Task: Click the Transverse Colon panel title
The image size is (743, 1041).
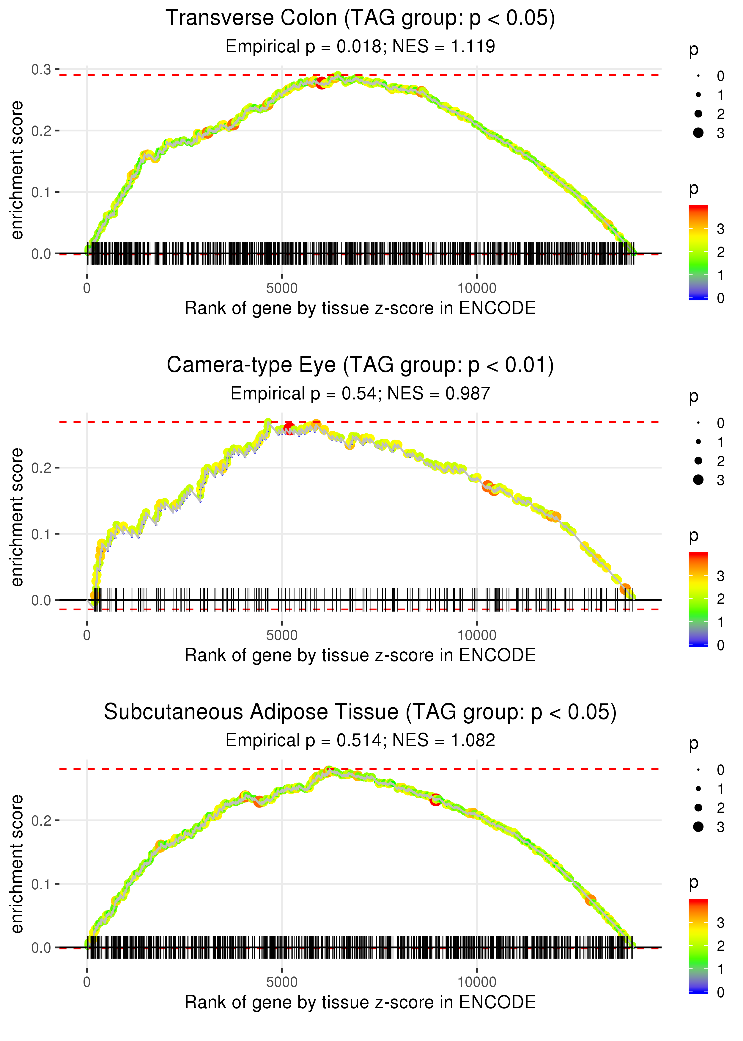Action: pyautogui.click(x=360, y=18)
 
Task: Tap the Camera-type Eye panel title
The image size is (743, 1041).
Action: pyautogui.click(x=360, y=365)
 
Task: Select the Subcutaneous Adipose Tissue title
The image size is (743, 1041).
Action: pyautogui.click(x=360, y=712)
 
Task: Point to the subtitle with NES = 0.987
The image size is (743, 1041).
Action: pyautogui.click(x=360, y=394)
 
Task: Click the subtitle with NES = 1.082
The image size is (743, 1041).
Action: pyautogui.click(x=360, y=740)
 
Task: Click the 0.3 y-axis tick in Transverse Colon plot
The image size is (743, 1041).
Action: pyautogui.click(x=41, y=70)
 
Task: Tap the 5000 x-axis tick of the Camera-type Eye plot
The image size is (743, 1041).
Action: pyautogui.click(x=282, y=635)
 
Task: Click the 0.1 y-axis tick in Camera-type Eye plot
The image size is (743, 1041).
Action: pyautogui.click(x=41, y=534)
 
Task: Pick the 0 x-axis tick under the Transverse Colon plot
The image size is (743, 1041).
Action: pyautogui.click(x=87, y=289)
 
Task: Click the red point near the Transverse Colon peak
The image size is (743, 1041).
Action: pyautogui.click(x=321, y=83)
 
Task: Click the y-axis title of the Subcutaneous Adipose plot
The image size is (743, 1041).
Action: pyautogui.click(x=17, y=864)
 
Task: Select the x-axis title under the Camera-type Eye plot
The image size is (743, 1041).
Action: pyautogui.click(x=360, y=656)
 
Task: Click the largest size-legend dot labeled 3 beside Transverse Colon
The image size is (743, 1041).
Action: pyautogui.click(x=698, y=133)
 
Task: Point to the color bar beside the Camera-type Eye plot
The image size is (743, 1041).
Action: pyautogui.click(x=698, y=599)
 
